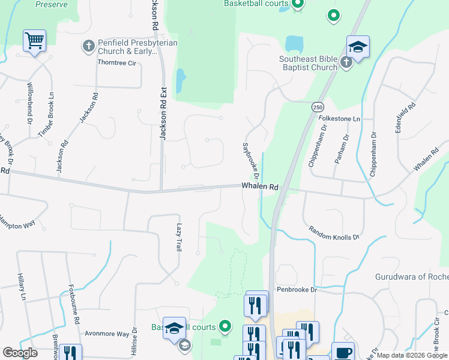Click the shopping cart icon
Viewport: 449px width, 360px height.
point(34,41)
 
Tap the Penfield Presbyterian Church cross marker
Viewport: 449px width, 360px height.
point(88,46)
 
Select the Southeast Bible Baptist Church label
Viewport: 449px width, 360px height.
point(308,63)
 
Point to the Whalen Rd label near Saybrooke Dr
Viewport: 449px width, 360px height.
point(260,187)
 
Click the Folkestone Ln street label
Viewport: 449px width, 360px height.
point(339,119)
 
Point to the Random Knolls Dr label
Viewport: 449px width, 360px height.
point(334,233)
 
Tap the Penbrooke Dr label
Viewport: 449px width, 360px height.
point(297,289)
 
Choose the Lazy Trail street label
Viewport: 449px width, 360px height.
point(179,237)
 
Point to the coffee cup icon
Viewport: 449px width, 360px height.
point(343,352)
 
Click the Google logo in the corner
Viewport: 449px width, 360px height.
point(20,353)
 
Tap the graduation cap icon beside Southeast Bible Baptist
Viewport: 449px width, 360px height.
point(358,46)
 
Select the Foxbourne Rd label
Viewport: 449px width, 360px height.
point(74,304)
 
